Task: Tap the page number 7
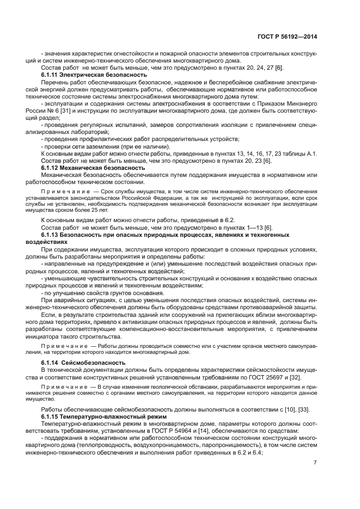315,463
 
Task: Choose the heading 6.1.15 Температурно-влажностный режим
96,416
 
